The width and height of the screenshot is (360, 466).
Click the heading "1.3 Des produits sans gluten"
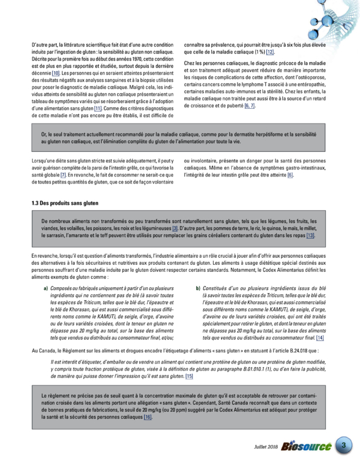(65, 203)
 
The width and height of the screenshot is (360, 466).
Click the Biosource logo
(305, 447)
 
